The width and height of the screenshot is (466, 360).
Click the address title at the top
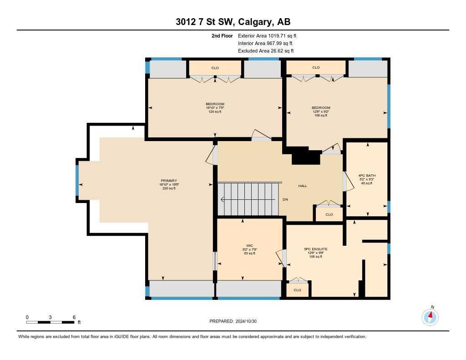233,22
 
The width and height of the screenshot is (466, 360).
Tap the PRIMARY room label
168,180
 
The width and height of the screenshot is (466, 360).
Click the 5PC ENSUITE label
316,249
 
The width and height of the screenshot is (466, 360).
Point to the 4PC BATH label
367,175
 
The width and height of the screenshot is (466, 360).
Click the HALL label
303,186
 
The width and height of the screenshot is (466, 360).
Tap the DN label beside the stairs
285,199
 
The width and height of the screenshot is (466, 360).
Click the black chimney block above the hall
305,157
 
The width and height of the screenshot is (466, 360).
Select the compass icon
430,316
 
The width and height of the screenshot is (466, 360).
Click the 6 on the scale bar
74,317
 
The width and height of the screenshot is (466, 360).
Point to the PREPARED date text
236,321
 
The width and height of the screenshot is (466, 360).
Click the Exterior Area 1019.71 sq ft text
267,35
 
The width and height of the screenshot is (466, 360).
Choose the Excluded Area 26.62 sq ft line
265,51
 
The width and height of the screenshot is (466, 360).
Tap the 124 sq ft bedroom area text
215,112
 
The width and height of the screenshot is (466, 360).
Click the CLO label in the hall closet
329,214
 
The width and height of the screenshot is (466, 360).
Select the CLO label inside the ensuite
297,290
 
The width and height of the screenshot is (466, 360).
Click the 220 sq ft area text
168,188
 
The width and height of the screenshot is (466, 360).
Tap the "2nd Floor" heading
222,35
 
